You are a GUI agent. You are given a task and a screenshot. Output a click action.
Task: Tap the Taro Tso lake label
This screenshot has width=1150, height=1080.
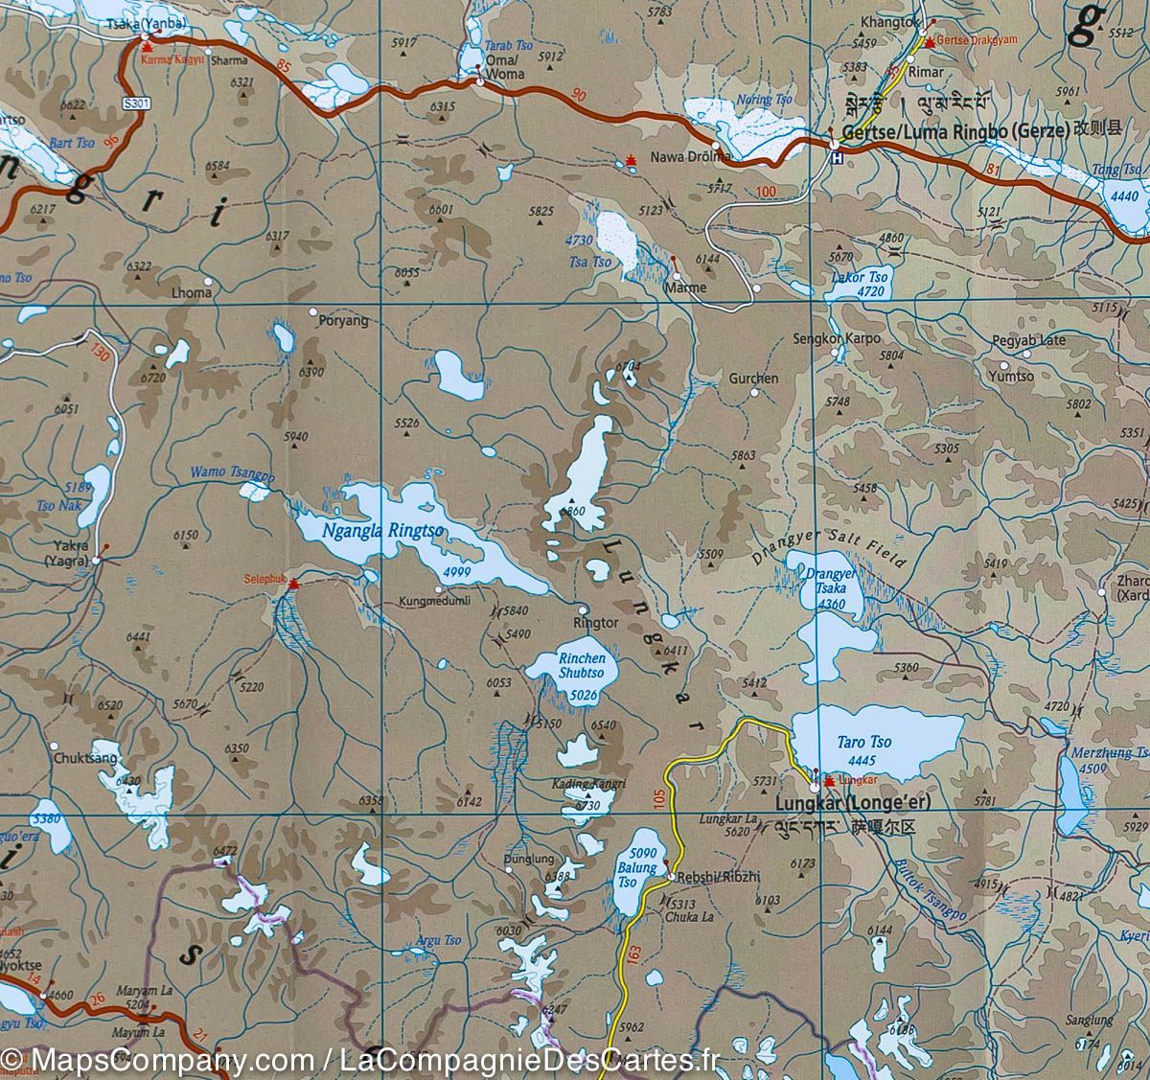coord(863,742)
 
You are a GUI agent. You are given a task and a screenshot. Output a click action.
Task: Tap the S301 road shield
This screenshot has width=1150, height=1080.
coord(137,103)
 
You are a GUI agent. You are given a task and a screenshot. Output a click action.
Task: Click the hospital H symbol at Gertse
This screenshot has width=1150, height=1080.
coord(837,158)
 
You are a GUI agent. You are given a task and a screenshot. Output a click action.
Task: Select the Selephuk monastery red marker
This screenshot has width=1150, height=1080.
coord(295,584)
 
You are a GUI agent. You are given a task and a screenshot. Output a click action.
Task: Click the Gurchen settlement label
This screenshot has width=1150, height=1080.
coord(753,379)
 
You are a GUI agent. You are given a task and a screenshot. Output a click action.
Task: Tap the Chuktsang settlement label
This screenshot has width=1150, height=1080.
coord(86,758)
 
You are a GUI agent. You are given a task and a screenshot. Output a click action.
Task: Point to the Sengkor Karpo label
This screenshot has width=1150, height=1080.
coord(836,338)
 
